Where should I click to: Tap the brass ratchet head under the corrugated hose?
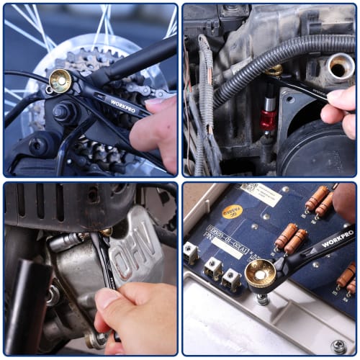point(273,71)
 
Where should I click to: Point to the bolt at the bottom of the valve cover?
point(94,339)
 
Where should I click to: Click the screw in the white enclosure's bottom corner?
point(338,346)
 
